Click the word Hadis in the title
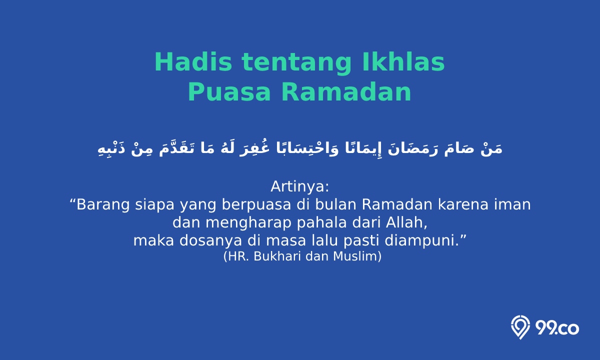coord(193,62)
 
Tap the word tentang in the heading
coord(296,64)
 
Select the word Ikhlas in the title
coord(403,61)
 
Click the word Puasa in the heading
coord(229,92)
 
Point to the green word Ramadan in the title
coord(346,91)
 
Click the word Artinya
coord(299,186)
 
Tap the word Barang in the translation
coord(103,205)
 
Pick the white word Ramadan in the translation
coord(397,204)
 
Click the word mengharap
coord(248,223)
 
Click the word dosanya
coord(210,241)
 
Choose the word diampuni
coord(419,241)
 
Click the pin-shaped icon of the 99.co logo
coord(520,327)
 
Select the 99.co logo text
coord(557,328)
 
